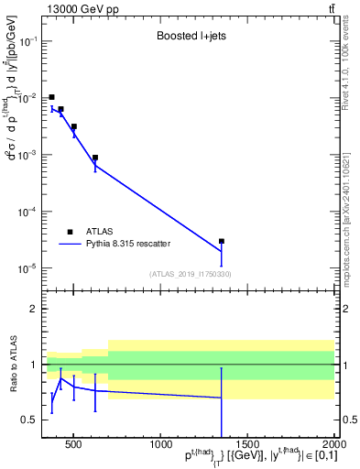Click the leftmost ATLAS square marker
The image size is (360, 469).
point(51,97)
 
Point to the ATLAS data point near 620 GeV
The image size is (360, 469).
point(95,158)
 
